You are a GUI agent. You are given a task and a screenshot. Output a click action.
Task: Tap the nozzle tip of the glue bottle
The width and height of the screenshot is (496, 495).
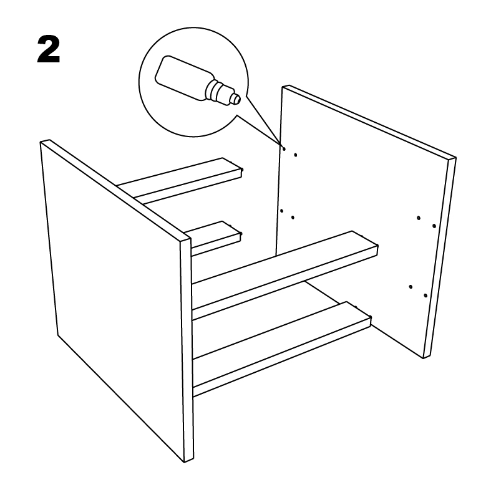[235, 98]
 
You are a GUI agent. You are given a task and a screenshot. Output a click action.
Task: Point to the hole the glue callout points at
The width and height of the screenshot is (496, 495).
[283, 149]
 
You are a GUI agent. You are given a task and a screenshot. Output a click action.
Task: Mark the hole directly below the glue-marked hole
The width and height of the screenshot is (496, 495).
[281, 211]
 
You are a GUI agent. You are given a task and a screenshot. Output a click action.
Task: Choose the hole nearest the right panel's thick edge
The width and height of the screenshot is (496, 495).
[434, 225]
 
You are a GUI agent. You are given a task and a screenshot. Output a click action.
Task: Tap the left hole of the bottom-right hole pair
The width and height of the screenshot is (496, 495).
[411, 287]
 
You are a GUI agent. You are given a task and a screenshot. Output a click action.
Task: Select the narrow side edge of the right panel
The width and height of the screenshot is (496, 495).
[440, 256]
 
